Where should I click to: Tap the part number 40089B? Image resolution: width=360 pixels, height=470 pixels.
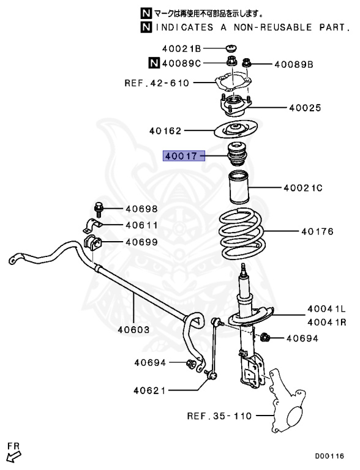tap(293, 63)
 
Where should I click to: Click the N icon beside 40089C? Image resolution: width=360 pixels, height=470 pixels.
tap(154, 62)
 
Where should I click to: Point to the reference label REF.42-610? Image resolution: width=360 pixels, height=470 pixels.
tap(157, 83)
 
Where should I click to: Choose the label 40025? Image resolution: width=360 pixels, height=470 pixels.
tap(305, 108)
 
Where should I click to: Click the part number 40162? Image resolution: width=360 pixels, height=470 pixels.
tap(166, 130)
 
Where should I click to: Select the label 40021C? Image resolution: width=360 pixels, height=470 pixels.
tap(302, 188)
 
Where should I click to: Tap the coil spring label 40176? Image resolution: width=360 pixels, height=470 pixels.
tap(316, 232)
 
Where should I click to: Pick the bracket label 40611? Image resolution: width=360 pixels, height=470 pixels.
tap(141, 225)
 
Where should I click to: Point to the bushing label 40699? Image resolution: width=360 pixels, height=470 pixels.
tap(141, 242)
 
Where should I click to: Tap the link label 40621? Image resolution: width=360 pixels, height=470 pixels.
tap(149, 390)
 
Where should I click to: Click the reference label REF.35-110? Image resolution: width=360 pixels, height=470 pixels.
tap(220, 417)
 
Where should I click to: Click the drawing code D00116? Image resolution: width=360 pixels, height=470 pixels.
tap(329, 456)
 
